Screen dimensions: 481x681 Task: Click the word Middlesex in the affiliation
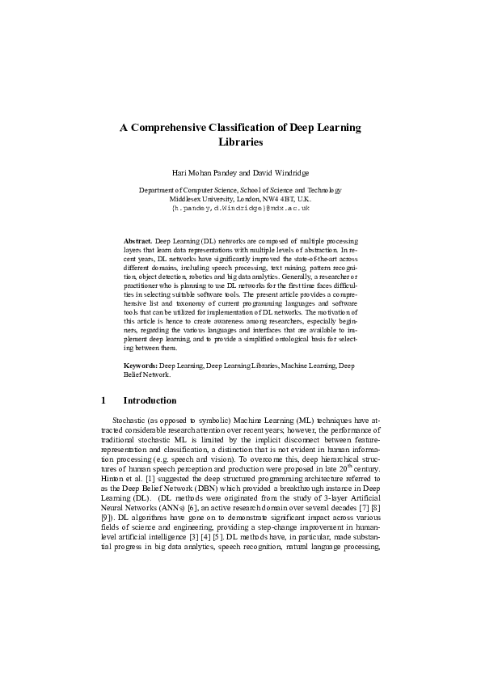tap(187, 198)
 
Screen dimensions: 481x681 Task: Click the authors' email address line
tap(241, 208)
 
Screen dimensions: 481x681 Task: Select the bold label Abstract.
tap(137, 241)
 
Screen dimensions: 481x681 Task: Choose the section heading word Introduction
tap(150, 400)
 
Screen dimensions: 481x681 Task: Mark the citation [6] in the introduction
tap(192, 510)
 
